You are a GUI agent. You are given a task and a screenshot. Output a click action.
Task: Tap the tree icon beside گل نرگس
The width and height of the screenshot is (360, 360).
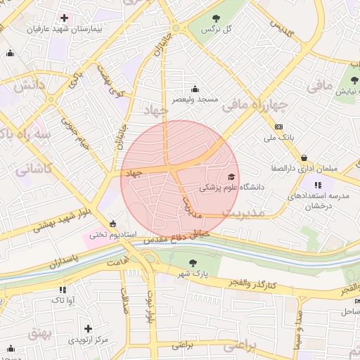coord(214,18)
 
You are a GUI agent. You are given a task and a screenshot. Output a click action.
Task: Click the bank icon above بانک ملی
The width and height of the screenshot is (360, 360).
coord(278,127)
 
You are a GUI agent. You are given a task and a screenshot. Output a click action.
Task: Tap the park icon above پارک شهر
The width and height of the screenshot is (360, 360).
coord(193,262)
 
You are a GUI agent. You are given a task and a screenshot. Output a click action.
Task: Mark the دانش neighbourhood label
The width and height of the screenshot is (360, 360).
coord(29,86)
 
